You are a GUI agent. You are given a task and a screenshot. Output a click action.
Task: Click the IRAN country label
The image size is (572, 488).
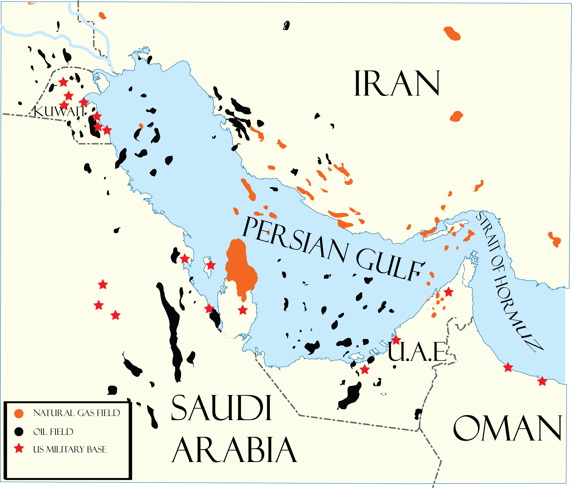pyautogui.click(x=397, y=83)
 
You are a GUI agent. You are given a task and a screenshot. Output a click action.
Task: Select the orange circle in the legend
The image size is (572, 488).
pyautogui.click(x=19, y=413)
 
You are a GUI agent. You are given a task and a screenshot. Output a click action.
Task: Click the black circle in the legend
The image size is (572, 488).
pyautogui.click(x=19, y=432)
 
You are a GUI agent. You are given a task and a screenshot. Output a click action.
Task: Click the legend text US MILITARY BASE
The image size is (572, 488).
pyautogui.click(x=69, y=449)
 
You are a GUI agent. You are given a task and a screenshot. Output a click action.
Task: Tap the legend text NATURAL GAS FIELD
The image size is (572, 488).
pyautogui.click(x=76, y=413)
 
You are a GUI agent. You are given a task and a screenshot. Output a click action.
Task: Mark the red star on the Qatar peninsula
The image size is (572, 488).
pyautogui.click(x=243, y=310)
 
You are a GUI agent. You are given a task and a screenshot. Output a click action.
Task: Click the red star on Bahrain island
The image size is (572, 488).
pyautogui.click(x=211, y=265)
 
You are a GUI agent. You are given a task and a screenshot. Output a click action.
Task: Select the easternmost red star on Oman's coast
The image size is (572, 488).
pyautogui.click(x=542, y=381)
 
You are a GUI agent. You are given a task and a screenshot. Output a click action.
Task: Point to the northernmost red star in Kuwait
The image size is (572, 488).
pyautogui.click(x=63, y=82)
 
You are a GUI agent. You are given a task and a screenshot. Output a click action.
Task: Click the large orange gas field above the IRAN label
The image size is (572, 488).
pyautogui.click(x=452, y=33)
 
